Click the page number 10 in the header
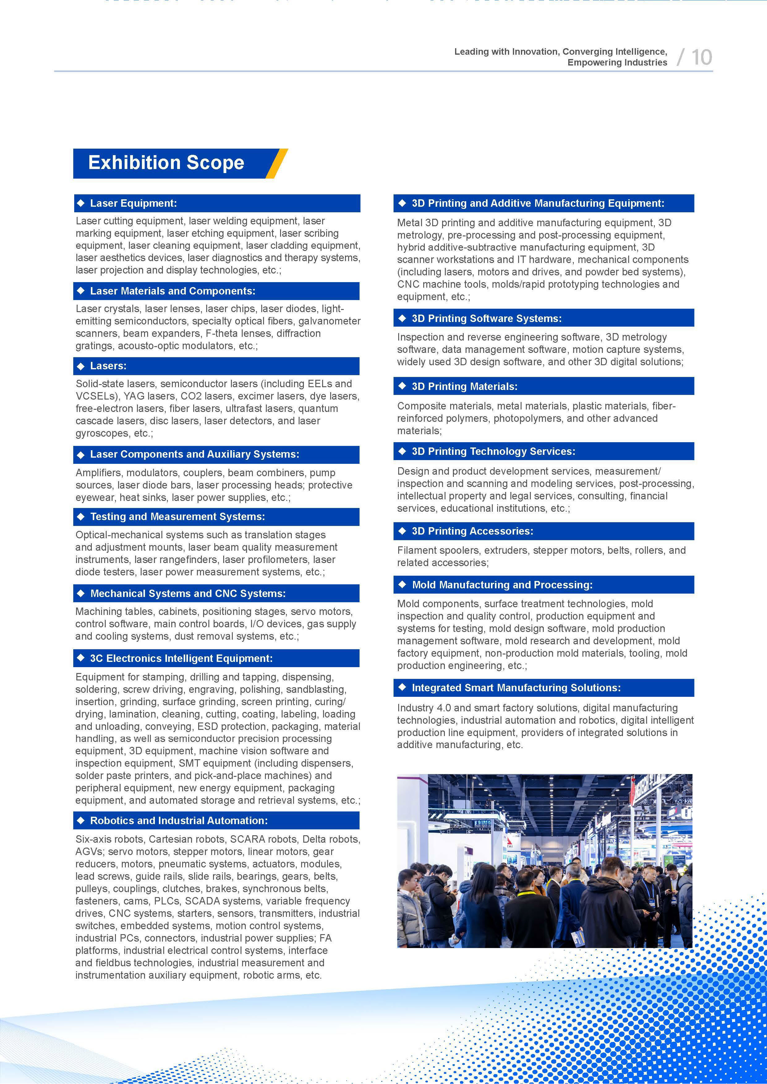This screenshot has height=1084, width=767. click(x=701, y=57)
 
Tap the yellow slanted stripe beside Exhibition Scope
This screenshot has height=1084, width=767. click(x=277, y=163)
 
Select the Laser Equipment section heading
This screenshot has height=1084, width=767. click(x=133, y=204)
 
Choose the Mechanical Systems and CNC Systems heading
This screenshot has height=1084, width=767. click(x=188, y=594)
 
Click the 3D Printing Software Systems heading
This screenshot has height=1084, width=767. click(x=487, y=318)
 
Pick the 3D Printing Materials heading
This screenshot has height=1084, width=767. click(x=464, y=386)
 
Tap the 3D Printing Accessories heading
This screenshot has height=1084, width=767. click(x=472, y=531)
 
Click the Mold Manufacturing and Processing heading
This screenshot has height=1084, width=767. click(x=502, y=585)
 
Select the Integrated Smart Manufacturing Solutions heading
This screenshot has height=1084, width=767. click(x=516, y=688)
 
